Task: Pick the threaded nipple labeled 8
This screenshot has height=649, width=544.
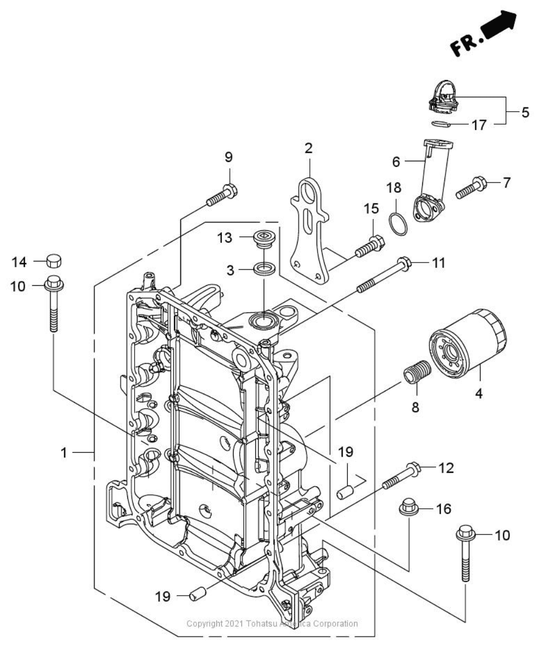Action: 419,371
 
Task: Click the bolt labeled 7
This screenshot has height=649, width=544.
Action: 471,187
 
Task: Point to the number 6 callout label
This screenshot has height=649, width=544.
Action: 396,162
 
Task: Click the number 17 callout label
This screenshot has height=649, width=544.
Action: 478,125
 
